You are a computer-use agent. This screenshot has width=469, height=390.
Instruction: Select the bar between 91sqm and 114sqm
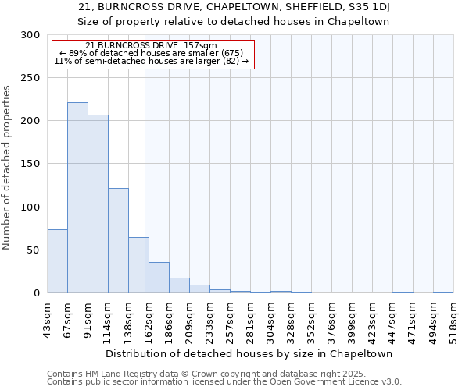coord(98,204)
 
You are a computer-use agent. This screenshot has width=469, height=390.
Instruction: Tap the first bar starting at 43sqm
coord(57,261)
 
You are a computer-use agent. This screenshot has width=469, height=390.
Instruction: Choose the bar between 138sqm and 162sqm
coord(138,265)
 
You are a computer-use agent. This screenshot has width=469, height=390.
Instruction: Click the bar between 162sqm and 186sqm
coord(159,278)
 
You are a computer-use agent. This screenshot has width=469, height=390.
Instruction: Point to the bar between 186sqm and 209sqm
coord(179,285)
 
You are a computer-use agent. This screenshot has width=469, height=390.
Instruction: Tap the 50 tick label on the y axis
coord(34,250)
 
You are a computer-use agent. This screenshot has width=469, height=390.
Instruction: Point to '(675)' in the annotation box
coord(232,53)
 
